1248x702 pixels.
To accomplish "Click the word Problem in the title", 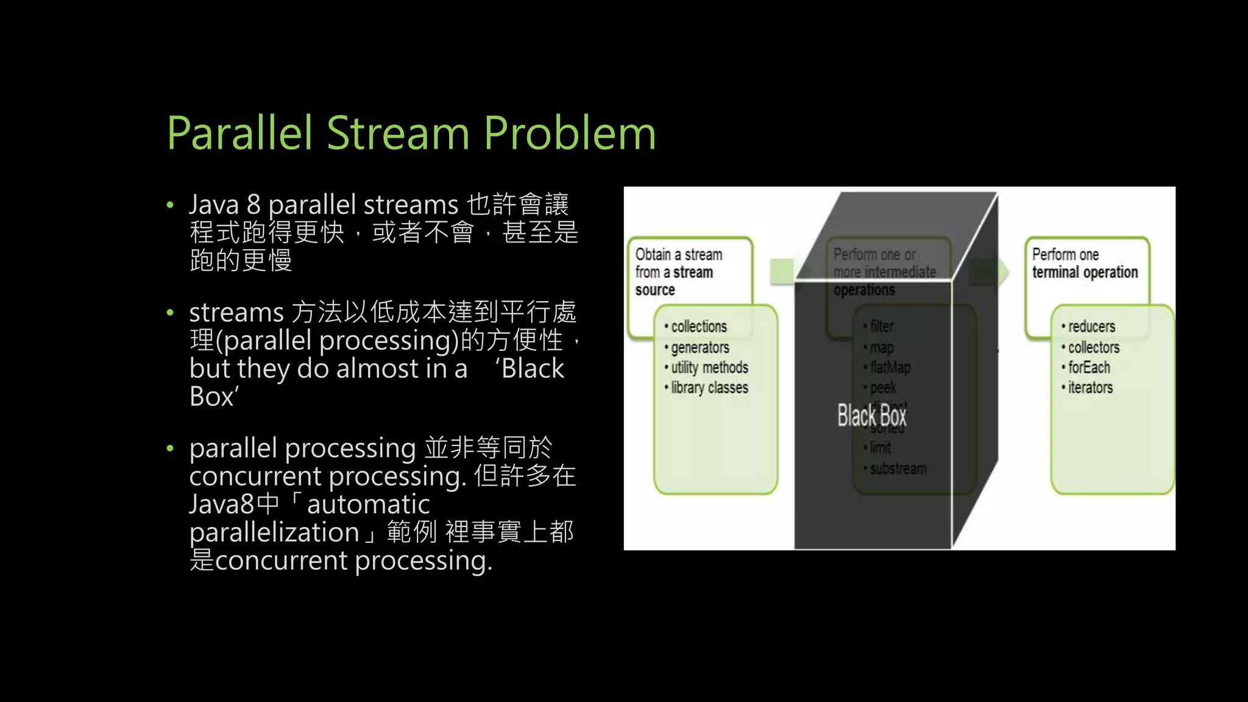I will click(569, 133).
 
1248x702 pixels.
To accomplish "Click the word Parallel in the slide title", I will click(239, 133).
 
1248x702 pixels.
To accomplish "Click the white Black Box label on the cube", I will click(871, 416).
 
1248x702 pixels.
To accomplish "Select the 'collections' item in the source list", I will click(698, 327).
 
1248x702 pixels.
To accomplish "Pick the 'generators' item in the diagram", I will click(700, 347).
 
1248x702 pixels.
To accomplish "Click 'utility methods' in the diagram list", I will click(709, 367).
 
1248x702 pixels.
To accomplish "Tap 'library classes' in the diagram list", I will click(709, 388).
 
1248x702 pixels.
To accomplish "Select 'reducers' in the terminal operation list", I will click(1091, 327).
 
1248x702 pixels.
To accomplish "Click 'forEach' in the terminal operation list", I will click(1088, 367).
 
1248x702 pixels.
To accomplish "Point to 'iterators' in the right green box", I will click(1090, 388).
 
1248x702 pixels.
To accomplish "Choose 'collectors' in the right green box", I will click(1093, 347).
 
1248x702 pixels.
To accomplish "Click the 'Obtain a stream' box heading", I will click(678, 255).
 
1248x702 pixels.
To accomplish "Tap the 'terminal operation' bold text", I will click(1085, 272).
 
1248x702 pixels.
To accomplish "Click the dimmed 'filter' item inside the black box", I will click(881, 327).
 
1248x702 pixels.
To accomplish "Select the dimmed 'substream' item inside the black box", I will click(898, 469).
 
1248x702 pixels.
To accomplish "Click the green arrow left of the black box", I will click(782, 271).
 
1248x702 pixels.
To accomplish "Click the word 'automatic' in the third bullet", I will click(368, 505).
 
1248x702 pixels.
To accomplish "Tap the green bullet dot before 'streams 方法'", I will click(170, 313).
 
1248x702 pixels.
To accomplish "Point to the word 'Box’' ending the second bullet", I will click(214, 397).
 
